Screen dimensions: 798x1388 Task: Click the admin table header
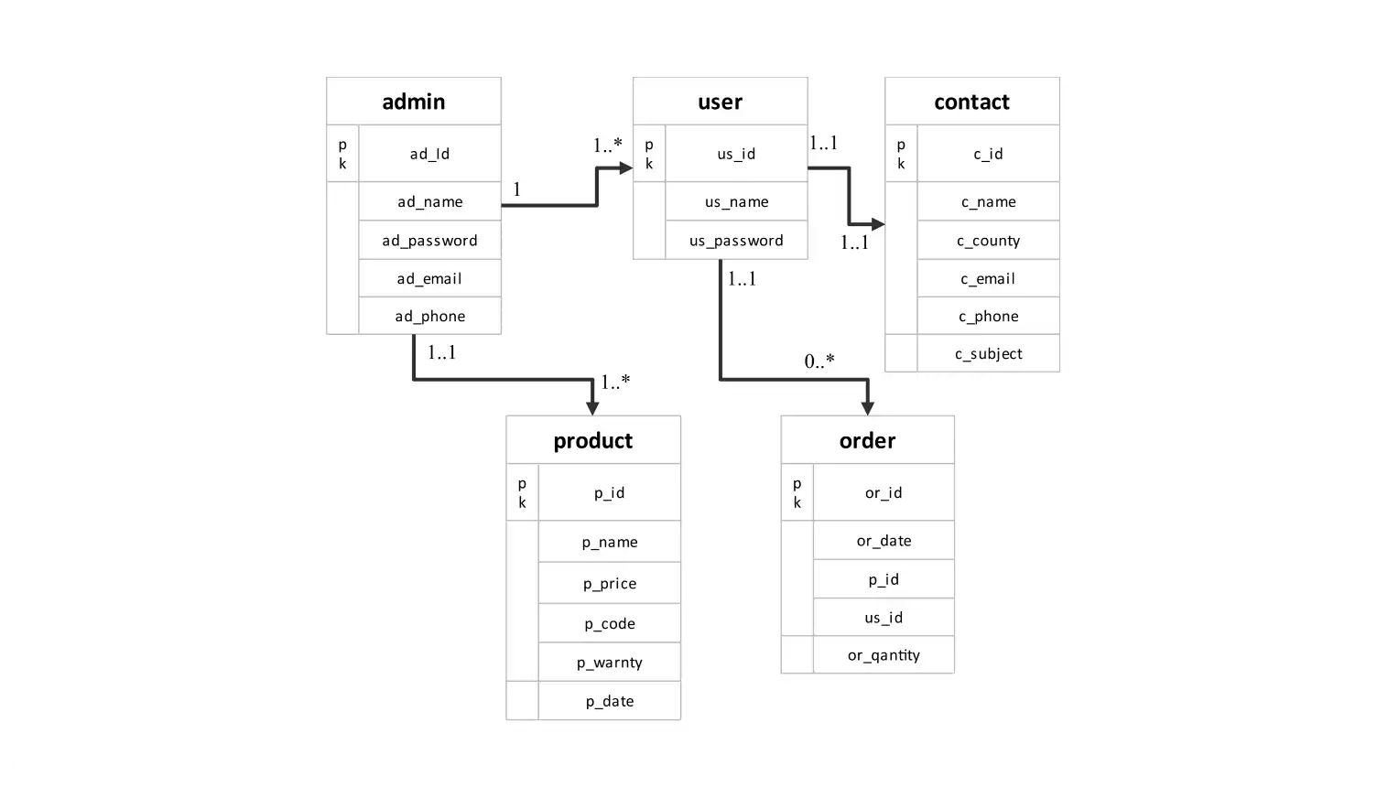coord(414,102)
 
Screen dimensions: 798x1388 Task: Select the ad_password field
coord(429,241)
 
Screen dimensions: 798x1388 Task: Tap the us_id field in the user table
coord(736,154)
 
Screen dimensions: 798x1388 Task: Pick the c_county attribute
coord(988,241)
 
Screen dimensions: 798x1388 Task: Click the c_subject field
coord(988,354)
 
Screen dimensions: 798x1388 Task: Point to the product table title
coord(593,440)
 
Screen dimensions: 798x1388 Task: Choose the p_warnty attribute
coord(610,663)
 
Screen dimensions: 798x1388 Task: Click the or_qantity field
coord(884,655)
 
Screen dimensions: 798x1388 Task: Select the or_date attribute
coord(884,541)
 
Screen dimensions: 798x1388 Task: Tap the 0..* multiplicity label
coord(819,361)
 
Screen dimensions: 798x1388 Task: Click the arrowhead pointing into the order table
coord(867,408)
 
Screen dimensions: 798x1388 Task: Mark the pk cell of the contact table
coord(901,154)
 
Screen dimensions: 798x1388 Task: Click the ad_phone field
coord(429,317)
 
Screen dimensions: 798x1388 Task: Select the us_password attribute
coord(736,241)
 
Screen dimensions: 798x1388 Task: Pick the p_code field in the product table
coord(610,624)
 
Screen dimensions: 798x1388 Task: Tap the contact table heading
coord(971,102)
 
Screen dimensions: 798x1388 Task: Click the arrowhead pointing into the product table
coord(592,408)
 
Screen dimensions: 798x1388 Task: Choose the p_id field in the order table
coord(884,579)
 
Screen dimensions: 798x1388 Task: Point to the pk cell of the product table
coord(522,492)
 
